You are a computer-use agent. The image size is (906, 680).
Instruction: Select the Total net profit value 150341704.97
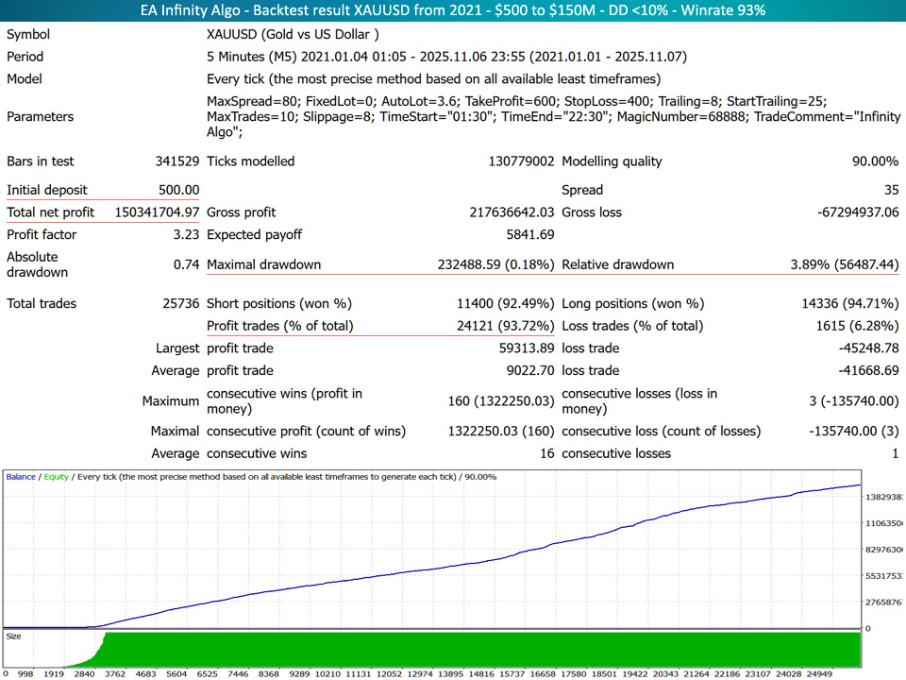158,212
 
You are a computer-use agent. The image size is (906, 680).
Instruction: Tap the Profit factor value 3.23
184,234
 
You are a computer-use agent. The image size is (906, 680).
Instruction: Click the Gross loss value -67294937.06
858,212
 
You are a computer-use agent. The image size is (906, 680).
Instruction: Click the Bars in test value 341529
177,161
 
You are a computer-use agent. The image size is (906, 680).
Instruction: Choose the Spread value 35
888,190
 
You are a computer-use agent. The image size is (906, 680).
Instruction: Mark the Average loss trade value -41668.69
862,370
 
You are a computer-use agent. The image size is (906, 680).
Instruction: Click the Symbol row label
28,34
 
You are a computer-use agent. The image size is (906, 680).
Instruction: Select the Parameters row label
40,117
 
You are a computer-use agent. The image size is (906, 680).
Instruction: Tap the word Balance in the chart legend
22,477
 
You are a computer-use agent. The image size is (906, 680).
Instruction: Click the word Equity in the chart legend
56,477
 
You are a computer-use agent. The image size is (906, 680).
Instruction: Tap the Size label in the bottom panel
13,637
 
